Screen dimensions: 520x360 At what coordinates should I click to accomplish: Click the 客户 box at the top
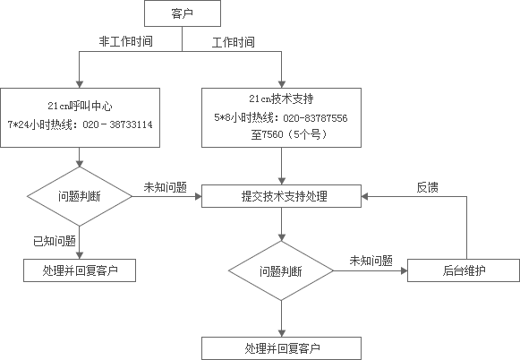click(183, 13)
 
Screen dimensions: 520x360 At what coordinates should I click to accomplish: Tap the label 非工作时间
click(125, 41)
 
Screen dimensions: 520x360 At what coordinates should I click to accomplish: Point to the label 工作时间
click(233, 42)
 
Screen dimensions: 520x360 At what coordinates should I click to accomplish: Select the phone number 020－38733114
click(117, 124)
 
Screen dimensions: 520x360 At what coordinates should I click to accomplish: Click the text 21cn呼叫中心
click(80, 106)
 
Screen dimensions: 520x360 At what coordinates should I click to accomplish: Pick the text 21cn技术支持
click(281, 99)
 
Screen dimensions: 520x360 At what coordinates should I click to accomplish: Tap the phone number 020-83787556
click(315, 118)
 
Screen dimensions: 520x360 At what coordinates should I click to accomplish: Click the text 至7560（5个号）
click(289, 134)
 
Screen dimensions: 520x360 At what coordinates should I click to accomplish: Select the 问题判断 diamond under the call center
click(80, 196)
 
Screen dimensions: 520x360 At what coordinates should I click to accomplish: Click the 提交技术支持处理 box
click(281, 196)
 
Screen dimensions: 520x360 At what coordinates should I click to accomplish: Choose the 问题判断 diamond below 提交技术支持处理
click(281, 270)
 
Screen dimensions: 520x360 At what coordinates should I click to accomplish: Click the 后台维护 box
click(464, 270)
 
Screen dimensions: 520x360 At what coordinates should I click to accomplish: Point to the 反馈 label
click(428, 187)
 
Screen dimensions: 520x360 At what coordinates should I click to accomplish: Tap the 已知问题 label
click(55, 241)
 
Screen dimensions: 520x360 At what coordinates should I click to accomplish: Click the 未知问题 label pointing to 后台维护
click(371, 261)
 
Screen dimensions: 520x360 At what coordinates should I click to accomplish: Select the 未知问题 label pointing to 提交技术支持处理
click(166, 187)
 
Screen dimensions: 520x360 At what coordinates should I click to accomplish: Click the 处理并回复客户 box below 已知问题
click(80, 270)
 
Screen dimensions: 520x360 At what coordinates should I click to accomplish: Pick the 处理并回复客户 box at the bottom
click(281, 348)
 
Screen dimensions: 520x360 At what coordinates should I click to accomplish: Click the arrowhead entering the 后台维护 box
click(404, 270)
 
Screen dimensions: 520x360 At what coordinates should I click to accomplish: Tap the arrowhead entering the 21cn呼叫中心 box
click(80, 84)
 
